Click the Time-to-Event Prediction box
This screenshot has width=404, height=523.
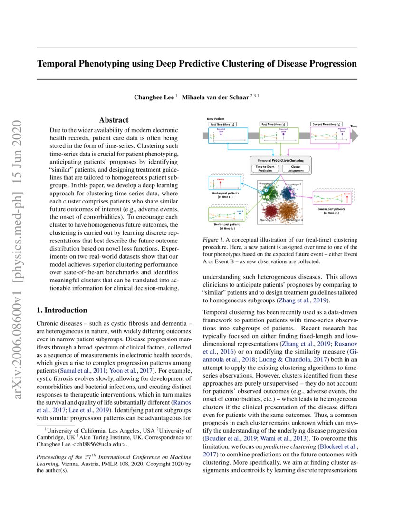coord(265,169)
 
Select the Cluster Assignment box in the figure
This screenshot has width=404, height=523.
coord(295,169)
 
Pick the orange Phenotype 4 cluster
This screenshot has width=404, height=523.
coord(289,210)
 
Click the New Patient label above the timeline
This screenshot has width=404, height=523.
coord(216,118)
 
